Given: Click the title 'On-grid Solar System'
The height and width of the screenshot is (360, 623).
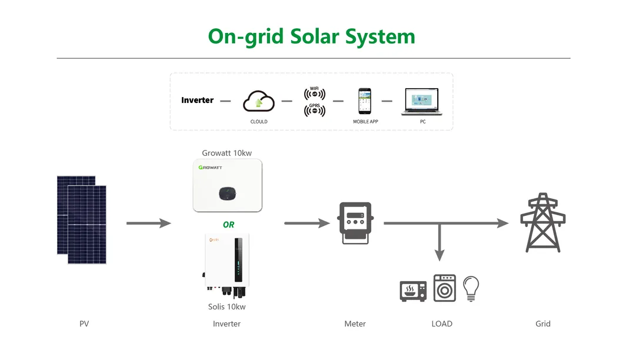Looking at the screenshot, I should pyautogui.click(x=311, y=36).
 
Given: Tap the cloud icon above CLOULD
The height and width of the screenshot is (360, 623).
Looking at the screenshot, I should pyautogui.click(x=259, y=101).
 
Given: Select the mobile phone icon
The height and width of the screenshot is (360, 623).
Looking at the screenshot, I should pyautogui.click(x=365, y=101).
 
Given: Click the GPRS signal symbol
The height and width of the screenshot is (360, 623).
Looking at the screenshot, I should pyautogui.click(x=315, y=109).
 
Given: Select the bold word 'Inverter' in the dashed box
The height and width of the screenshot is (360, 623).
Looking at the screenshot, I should pyautogui.click(x=197, y=100).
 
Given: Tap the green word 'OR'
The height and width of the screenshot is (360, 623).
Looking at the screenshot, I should pyautogui.click(x=228, y=225).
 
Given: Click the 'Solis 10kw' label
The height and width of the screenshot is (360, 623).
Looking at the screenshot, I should pyautogui.click(x=226, y=306).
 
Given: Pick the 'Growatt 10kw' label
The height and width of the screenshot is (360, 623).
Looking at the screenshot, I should pyautogui.click(x=226, y=153).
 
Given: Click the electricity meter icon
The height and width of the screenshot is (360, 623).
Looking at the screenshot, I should pyautogui.click(x=355, y=223).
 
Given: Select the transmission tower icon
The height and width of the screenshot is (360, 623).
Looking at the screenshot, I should pyautogui.click(x=542, y=223).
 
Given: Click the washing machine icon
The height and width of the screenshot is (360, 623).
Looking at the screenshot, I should pyautogui.click(x=445, y=288).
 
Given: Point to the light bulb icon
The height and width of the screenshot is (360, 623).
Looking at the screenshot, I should pyautogui.click(x=471, y=288).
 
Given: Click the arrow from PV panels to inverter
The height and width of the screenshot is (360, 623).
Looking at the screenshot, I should pyautogui.click(x=148, y=224).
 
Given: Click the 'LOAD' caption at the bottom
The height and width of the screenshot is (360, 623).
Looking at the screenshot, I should pyautogui.click(x=442, y=324).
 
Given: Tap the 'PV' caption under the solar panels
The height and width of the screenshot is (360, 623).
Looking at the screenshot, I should pyautogui.click(x=84, y=324).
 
